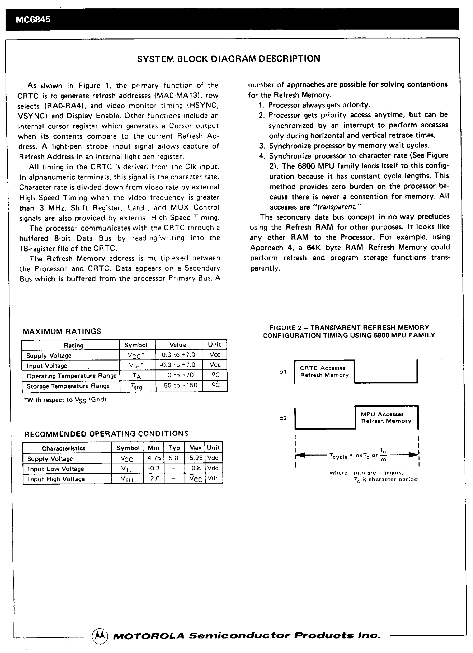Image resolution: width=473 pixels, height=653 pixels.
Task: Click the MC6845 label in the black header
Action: [x=33, y=19]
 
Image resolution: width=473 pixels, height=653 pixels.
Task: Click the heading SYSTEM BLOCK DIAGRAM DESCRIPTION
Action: [x=228, y=59]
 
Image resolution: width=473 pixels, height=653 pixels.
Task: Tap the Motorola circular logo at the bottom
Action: [x=100, y=635]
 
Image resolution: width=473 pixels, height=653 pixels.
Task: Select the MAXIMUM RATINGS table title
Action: [x=62, y=331]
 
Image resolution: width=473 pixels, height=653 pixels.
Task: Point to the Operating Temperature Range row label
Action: [x=71, y=376]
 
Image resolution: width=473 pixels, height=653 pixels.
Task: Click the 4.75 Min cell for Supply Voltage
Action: [x=154, y=458]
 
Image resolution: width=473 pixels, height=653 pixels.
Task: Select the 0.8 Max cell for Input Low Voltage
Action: [x=196, y=468]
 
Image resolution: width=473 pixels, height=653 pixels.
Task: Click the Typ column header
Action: [x=174, y=448]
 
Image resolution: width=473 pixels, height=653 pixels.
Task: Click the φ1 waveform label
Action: [x=283, y=372]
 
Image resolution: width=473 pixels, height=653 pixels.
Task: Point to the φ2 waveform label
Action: [x=283, y=418]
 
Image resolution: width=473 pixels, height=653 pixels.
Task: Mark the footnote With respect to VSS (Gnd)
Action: [x=66, y=400]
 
